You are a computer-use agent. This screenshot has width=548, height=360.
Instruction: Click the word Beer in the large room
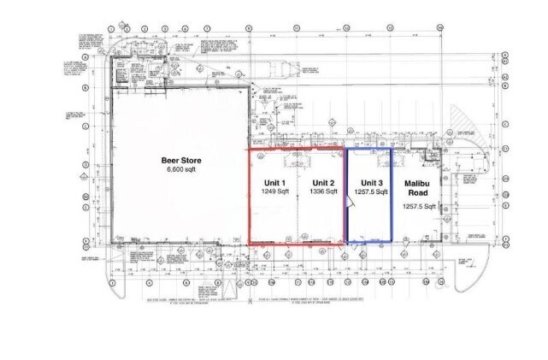[x=170, y=160]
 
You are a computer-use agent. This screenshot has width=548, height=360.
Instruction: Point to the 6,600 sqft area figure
[x=181, y=171]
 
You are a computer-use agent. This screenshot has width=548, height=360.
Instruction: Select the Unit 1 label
[x=273, y=183]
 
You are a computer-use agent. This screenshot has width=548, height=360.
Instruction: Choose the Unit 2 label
[x=322, y=183]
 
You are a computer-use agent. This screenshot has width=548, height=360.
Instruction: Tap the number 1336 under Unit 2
[x=315, y=192]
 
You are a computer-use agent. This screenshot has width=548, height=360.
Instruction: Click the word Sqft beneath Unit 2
[x=332, y=192]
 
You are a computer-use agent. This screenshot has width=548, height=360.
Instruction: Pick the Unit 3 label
[x=370, y=183]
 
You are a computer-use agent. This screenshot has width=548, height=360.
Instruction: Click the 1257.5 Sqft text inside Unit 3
[x=370, y=193]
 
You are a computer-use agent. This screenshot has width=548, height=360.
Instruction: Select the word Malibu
[x=418, y=183]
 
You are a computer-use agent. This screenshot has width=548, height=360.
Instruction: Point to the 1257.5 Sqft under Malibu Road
[x=418, y=207]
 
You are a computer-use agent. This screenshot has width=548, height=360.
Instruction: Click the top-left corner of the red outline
[x=249, y=150]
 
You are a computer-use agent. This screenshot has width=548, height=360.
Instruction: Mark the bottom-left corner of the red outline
[x=249, y=244]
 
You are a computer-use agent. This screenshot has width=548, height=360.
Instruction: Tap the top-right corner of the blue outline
[x=392, y=149]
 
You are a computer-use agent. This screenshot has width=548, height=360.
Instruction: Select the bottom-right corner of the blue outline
[x=392, y=244]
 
